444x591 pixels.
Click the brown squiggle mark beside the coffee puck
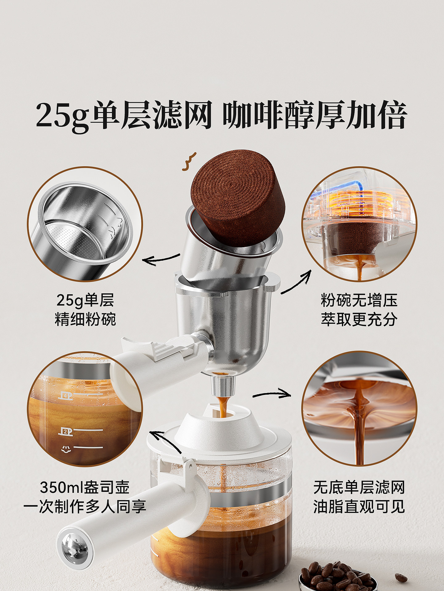click(189, 162)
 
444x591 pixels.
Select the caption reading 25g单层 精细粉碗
click(85, 310)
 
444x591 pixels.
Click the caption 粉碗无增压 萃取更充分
click(359, 310)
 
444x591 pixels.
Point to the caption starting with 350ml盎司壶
click(85, 497)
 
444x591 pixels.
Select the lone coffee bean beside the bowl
click(401, 577)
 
